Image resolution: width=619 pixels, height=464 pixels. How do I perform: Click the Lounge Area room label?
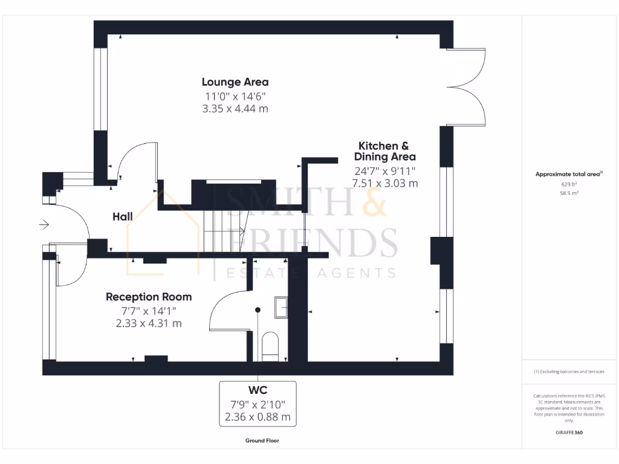tap(235, 82)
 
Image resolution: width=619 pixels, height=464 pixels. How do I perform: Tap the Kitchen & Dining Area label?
tap(384, 151)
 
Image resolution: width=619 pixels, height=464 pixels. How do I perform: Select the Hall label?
tap(122, 216)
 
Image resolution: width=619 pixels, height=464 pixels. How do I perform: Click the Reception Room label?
tap(149, 297)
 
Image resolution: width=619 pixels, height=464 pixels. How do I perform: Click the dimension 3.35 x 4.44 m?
tap(235, 109)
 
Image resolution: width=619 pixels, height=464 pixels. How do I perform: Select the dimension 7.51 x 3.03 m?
tap(385, 183)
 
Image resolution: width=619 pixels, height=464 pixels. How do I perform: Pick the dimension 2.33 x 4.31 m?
tap(149, 323)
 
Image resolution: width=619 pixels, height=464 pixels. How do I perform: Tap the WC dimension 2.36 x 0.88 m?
tap(258, 417)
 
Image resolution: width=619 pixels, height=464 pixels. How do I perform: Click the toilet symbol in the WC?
tap(270, 346)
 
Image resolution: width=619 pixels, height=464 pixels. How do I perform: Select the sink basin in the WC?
tap(282, 306)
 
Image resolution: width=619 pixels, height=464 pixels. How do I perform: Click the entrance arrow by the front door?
tap(44, 225)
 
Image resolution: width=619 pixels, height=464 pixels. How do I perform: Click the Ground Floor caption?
tap(262, 440)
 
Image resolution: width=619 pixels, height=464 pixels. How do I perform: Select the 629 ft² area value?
tap(569, 184)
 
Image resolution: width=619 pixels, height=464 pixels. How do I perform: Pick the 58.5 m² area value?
tap(569, 193)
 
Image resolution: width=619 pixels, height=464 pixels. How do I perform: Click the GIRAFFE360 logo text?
tap(569, 433)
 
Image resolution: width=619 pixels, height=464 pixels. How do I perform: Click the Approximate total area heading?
tap(568, 174)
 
